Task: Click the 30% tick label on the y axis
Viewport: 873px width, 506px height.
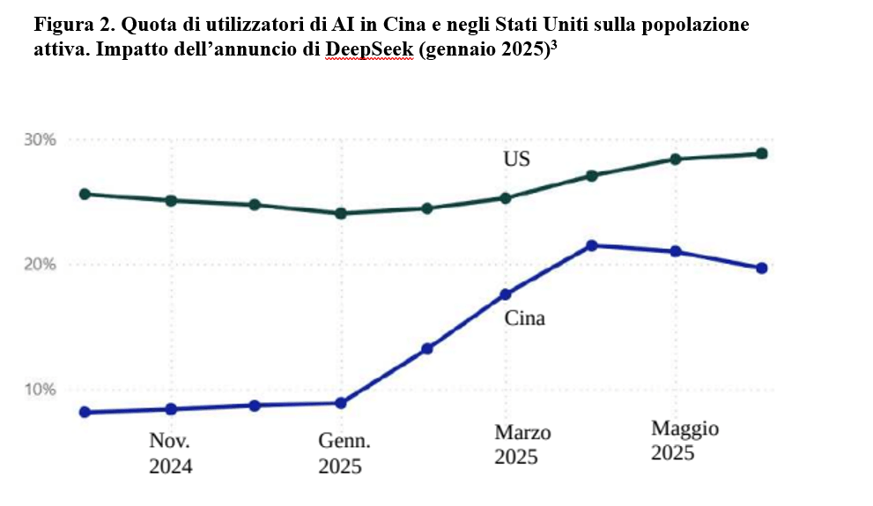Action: pyautogui.click(x=39, y=140)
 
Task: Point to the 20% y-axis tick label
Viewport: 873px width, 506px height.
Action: pyautogui.click(x=39, y=264)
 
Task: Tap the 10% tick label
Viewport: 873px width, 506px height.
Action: pyautogui.click(x=39, y=390)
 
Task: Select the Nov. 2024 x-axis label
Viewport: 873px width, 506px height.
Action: pyautogui.click(x=170, y=453)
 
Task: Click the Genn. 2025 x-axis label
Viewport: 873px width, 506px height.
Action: pyautogui.click(x=341, y=453)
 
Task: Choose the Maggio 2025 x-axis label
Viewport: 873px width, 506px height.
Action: pyautogui.click(x=684, y=441)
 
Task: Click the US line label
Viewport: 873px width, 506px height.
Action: pyautogui.click(x=516, y=160)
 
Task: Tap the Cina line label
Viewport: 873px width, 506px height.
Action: pyautogui.click(x=524, y=318)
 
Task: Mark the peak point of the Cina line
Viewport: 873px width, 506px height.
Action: pyautogui.click(x=592, y=246)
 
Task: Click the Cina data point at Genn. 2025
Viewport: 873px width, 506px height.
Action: pyautogui.click(x=340, y=403)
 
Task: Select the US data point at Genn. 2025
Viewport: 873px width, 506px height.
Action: pyautogui.click(x=340, y=213)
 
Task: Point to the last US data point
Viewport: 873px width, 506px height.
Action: pyautogui.click(x=761, y=153)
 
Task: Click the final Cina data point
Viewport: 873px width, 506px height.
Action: pyautogui.click(x=761, y=268)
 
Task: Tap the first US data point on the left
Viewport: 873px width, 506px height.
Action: pyautogui.click(x=85, y=194)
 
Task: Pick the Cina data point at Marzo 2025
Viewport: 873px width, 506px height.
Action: pyautogui.click(x=506, y=294)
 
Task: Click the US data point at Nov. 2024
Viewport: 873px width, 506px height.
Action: pyautogui.click(x=171, y=200)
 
